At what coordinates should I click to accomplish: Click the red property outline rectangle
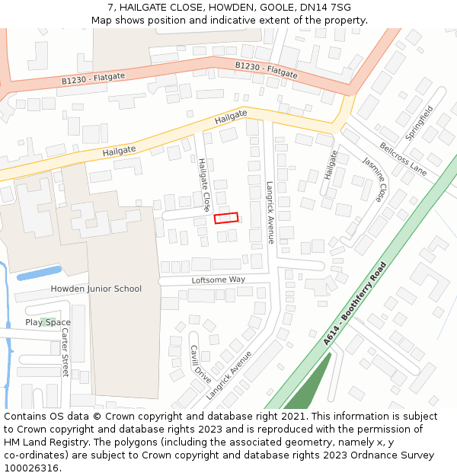[x=226, y=218]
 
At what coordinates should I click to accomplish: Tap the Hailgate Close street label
[x=204, y=184]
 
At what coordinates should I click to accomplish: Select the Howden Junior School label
[x=96, y=289]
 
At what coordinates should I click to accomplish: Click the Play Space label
[x=47, y=322]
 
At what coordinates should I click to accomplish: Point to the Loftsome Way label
[x=219, y=280]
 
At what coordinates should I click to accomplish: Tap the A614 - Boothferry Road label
[x=355, y=303]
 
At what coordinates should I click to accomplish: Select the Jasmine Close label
[x=374, y=180]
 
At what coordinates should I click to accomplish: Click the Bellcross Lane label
[x=404, y=158]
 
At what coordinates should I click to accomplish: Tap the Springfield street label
[x=419, y=123]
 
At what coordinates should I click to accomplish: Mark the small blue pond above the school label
[x=39, y=273]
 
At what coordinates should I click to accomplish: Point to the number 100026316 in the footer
[x=30, y=468]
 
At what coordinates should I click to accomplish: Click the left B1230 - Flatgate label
[x=93, y=76]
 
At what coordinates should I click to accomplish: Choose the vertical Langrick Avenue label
[x=270, y=212]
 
